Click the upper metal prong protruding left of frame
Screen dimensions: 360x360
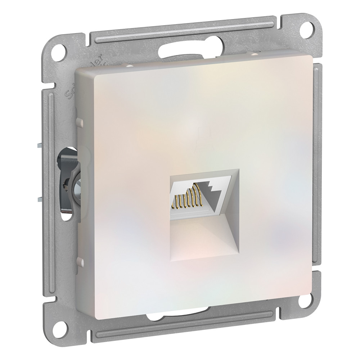click(x=40, y=146)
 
